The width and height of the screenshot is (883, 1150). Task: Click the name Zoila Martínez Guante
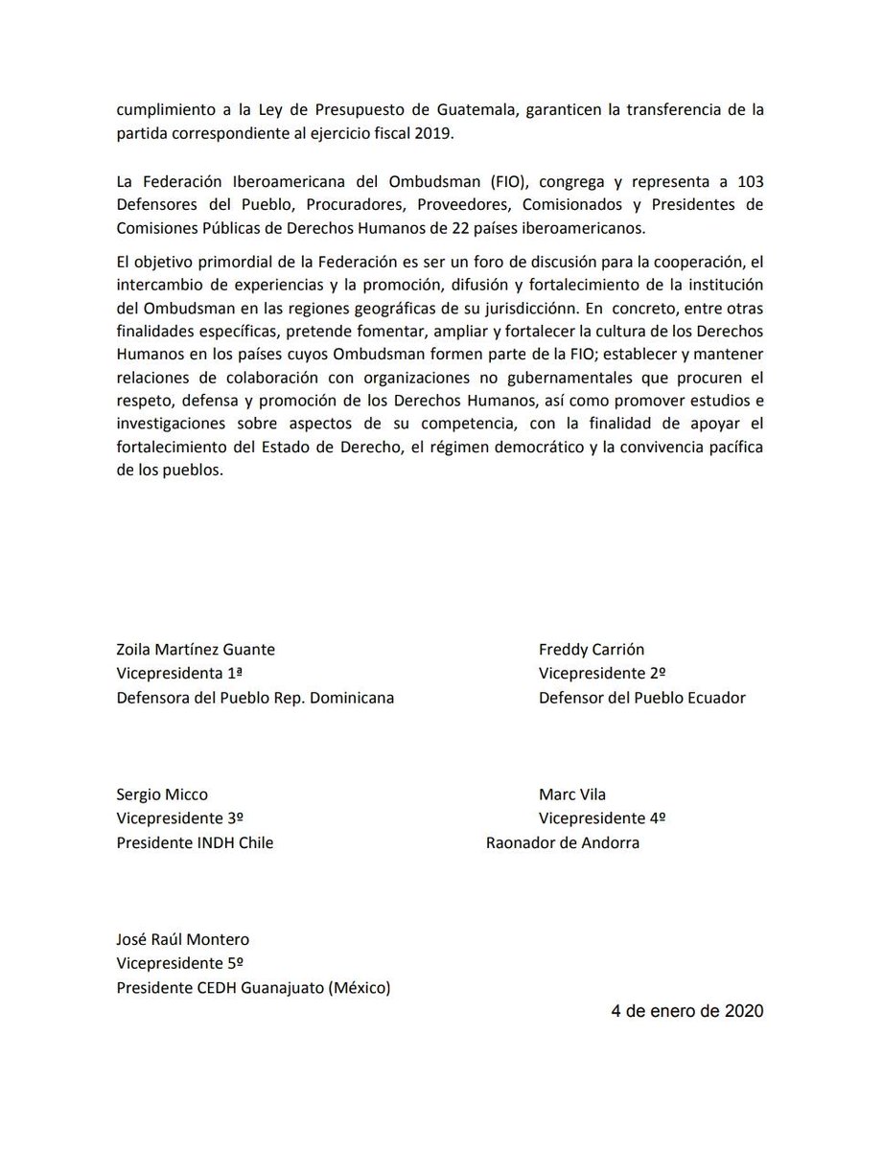click(x=196, y=650)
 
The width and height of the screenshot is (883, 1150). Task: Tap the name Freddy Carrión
click(x=591, y=650)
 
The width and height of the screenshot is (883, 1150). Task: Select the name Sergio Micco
click(x=162, y=794)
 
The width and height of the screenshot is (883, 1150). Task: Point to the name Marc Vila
click(x=572, y=794)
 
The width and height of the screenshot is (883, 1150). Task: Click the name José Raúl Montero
click(x=183, y=940)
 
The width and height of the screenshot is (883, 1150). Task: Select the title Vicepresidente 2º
click(x=602, y=674)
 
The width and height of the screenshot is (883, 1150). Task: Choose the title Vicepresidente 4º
click(x=602, y=818)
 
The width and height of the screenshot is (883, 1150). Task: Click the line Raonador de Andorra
click(x=563, y=843)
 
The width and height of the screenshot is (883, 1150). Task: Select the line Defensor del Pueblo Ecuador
click(x=641, y=698)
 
